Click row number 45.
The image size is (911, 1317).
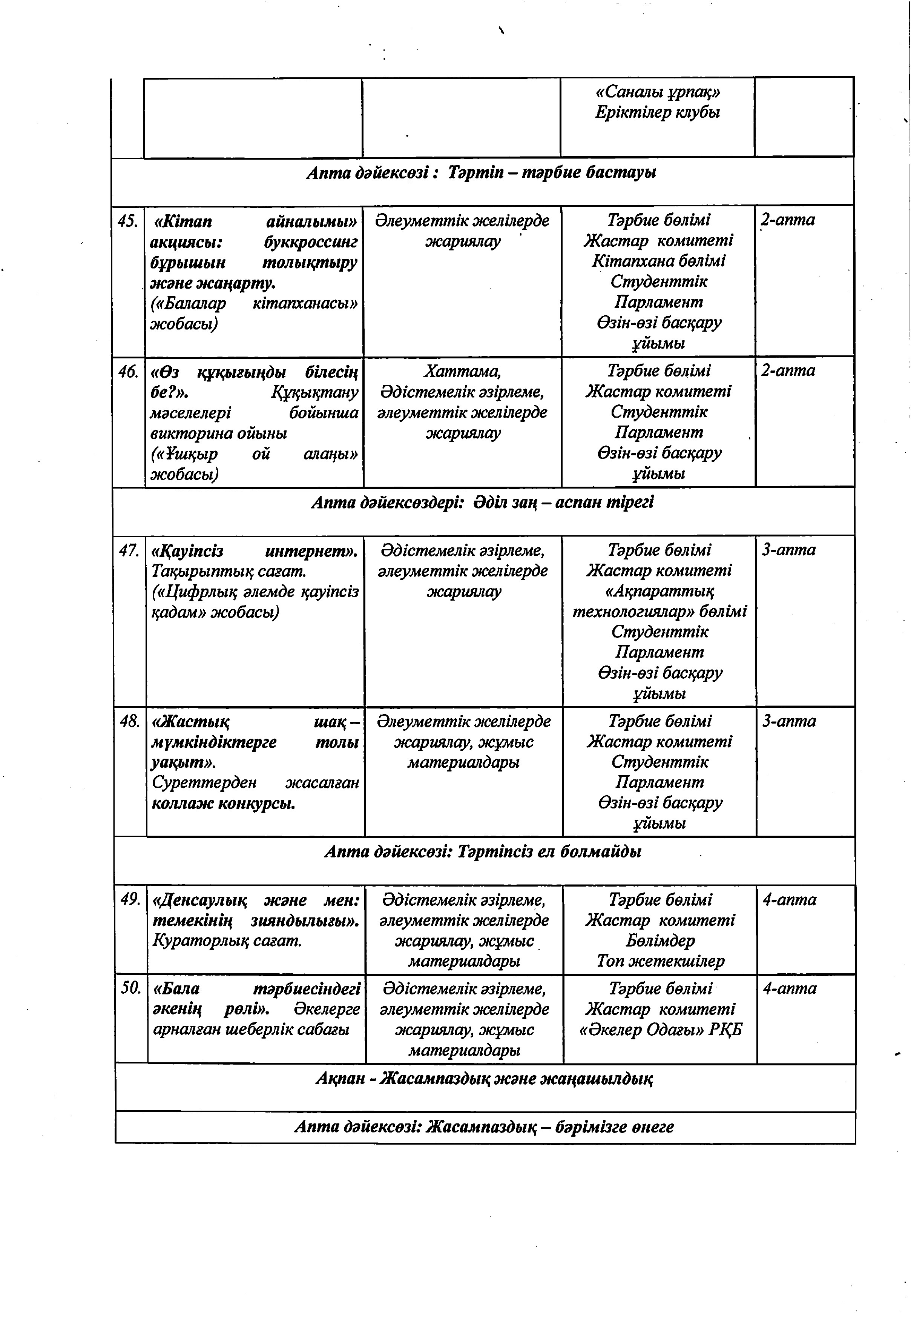128,220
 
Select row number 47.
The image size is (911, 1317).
129,550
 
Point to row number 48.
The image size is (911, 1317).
130,722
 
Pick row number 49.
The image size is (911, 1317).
130,900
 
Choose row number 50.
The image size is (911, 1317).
131,989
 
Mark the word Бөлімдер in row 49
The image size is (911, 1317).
660,940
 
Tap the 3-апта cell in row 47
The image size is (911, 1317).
789,550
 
